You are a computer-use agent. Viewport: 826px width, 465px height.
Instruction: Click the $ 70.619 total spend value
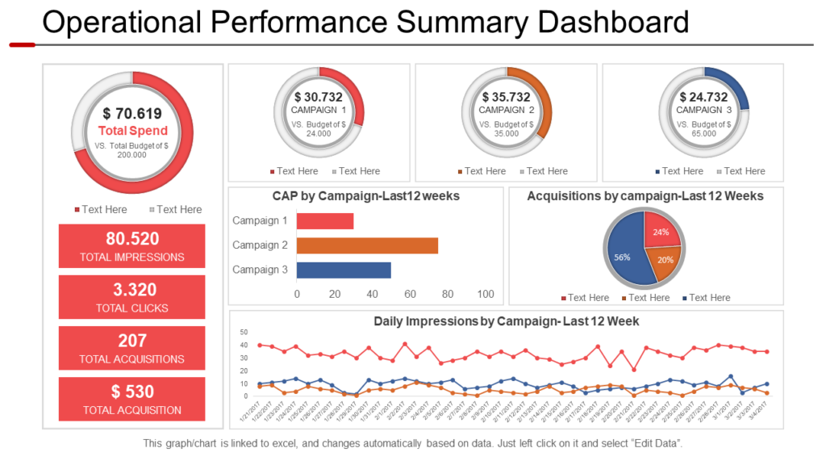coord(132,114)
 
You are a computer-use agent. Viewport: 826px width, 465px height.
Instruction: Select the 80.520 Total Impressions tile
coord(132,246)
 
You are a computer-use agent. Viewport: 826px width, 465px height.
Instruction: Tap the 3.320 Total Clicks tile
coord(132,297)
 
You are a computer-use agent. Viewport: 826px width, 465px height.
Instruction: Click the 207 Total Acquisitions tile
coord(132,348)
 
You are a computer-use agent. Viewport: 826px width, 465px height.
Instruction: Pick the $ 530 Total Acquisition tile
coord(132,399)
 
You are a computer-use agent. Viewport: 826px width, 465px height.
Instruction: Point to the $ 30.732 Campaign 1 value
coord(319,97)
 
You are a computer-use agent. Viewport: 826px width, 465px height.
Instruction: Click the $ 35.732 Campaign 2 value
coord(507,97)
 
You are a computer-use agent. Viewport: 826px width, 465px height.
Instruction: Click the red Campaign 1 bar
coord(325,220)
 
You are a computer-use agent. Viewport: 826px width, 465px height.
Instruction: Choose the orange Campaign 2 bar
coord(367,245)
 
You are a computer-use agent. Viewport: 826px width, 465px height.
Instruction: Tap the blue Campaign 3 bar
coord(344,270)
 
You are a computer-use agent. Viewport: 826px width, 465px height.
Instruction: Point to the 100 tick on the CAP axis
coord(486,295)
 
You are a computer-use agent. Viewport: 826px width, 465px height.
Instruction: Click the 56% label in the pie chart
coord(622,257)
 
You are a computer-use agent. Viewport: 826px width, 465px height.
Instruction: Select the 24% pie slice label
coord(661,232)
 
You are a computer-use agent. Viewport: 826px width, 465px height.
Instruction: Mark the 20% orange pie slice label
coord(664,260)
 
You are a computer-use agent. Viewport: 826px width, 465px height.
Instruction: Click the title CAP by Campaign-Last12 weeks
coord(366,196)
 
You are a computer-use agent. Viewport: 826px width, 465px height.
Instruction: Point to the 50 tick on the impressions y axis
coord(244,332)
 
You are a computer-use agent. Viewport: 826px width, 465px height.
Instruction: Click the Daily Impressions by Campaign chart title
coord(506,321)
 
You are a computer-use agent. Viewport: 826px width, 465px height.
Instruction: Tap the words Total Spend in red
coord(132,131)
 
